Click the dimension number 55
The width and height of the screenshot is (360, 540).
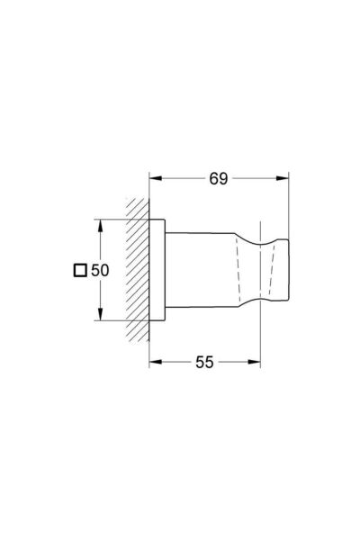pyautogui.click(x=204, y=363)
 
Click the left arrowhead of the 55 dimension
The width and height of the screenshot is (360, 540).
pyautogui.click(x=153, y=363)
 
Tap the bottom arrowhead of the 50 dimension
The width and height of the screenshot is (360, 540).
pyautogui.click(x=99, y=317)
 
